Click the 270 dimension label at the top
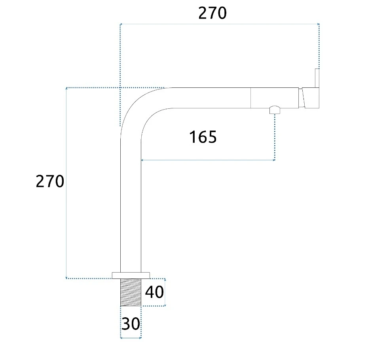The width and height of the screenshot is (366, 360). tap(212, 13)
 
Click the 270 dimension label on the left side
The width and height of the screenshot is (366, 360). tap(50, 181)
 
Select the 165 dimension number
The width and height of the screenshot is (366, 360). tap(203, 137)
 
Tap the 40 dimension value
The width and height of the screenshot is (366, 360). tap(154, 292)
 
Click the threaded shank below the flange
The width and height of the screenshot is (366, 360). tap(131, 292)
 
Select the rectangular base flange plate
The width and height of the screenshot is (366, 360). tap(131, 276)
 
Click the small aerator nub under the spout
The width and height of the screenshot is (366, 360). tap(275, 110)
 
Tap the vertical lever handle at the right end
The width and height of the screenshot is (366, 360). tap(317, 78)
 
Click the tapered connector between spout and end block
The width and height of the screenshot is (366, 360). tap(302, 98)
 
